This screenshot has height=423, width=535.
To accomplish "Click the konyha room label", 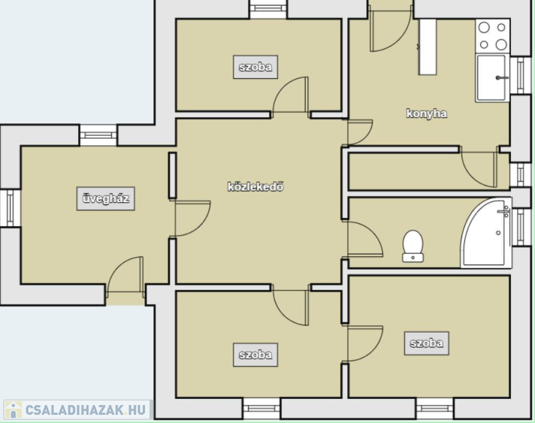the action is pos(427,113).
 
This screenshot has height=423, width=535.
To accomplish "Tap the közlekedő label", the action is pos(255,187).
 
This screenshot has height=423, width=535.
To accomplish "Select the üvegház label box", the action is pos(106,199).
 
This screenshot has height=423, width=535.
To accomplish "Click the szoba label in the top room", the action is pos(255,67).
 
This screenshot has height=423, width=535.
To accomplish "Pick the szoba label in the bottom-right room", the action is pos(427,343).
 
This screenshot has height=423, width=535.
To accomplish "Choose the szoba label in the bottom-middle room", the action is pos(255,355).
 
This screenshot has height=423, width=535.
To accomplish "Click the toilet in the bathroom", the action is pos(413,246).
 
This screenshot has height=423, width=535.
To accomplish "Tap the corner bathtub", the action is pos(486,233).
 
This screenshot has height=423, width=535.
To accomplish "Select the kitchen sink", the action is pos(492,78).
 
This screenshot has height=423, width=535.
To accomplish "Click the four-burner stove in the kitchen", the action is pos(493,36).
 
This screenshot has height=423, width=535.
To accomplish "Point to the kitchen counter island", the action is pos(428,47).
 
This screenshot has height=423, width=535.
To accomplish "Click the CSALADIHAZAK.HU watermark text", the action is pos(86,410).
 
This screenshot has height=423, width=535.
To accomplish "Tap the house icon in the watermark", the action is pos(13,410).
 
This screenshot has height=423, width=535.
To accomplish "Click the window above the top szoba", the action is pos(268,9).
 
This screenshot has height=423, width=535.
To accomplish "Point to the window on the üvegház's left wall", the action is pos(10,208).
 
